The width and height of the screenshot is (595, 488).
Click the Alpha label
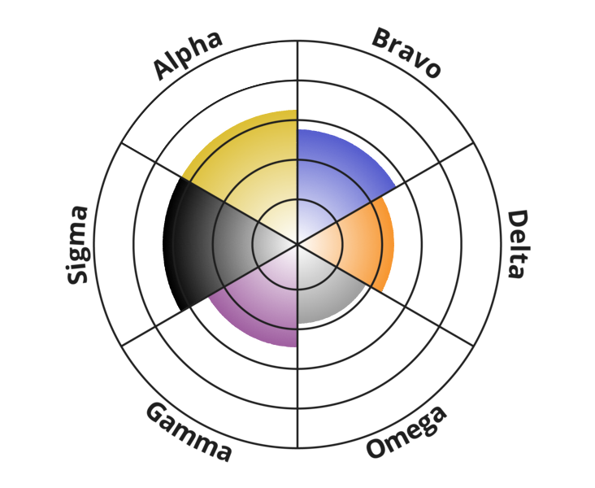point(187,55)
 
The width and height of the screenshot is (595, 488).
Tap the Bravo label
point(406,53)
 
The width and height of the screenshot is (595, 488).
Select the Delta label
point(518,244)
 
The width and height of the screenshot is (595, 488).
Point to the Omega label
point(406,432)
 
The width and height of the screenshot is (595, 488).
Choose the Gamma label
point(189,432)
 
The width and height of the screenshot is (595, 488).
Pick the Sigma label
point(77,245)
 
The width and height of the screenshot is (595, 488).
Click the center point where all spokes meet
point(297,244)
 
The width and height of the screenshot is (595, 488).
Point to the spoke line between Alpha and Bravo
point(297,142)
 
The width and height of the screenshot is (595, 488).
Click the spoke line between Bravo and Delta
point(385,194)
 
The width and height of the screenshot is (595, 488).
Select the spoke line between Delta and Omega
point(385,295)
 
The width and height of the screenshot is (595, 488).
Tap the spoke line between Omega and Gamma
point(297,346)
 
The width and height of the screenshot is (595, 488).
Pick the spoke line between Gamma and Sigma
point(210,295)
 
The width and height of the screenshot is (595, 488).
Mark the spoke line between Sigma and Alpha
point(210,194)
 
